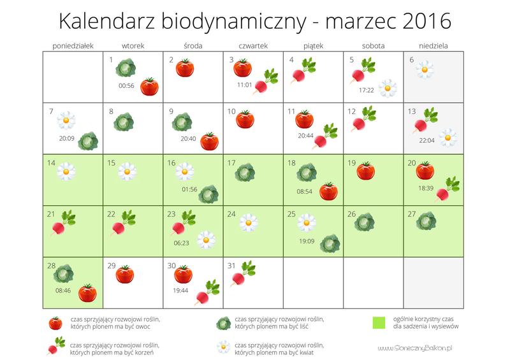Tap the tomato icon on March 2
[x=185, y=68]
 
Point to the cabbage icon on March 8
[x=124, y=119]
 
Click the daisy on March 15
[x=127, y=171]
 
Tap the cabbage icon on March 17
[x=245, y=171]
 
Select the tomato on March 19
[x=365, y=171]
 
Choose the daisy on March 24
[x=248, y=222]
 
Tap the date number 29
[x=111, y=266]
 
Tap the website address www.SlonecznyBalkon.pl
[x=414, y=348]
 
